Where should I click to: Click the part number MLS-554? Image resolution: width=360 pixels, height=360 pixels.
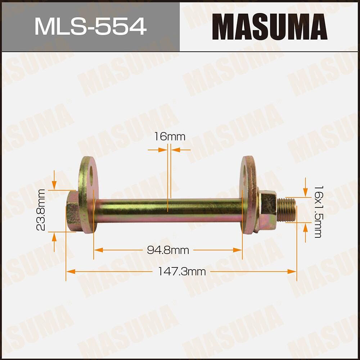pos(90,27)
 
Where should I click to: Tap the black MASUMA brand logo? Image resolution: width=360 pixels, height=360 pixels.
pos(269,27)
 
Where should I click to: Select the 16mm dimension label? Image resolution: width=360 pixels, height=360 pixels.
pos(169,137)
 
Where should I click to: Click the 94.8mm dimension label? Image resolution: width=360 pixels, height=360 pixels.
pos(168,250)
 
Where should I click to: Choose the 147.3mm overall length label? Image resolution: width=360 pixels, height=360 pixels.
pos(182,272)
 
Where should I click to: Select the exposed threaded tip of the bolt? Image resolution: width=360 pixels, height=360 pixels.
pos(287,210)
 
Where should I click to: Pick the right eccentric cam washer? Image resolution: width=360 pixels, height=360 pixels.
pos(248,195)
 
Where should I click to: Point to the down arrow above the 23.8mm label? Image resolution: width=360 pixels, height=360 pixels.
pos(54,185)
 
